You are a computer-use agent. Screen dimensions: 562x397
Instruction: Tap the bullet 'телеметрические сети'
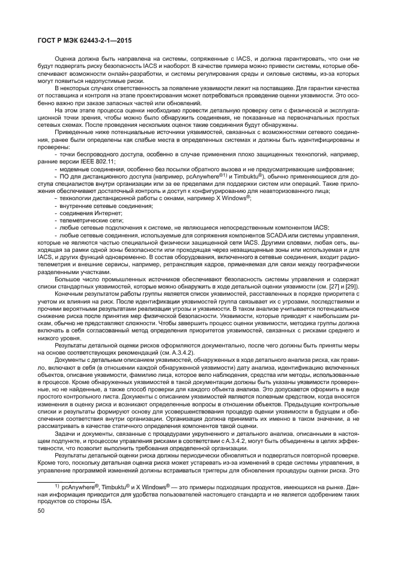tap(90, 221)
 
